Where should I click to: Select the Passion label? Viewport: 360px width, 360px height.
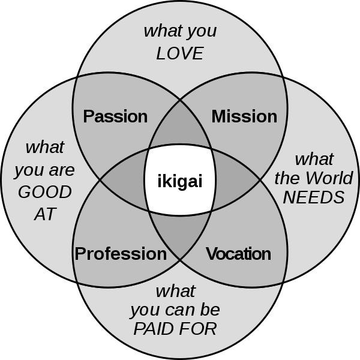115,116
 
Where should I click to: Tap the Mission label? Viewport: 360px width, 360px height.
244,116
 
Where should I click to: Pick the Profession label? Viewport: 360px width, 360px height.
121,254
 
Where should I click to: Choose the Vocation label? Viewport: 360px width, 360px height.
238,254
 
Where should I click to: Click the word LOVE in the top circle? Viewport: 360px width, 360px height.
180,53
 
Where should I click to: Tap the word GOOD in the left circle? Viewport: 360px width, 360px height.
45,193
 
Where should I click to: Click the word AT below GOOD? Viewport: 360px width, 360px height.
45,214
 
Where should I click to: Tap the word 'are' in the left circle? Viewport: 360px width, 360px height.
62,170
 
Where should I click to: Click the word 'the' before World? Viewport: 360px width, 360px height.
287,178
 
